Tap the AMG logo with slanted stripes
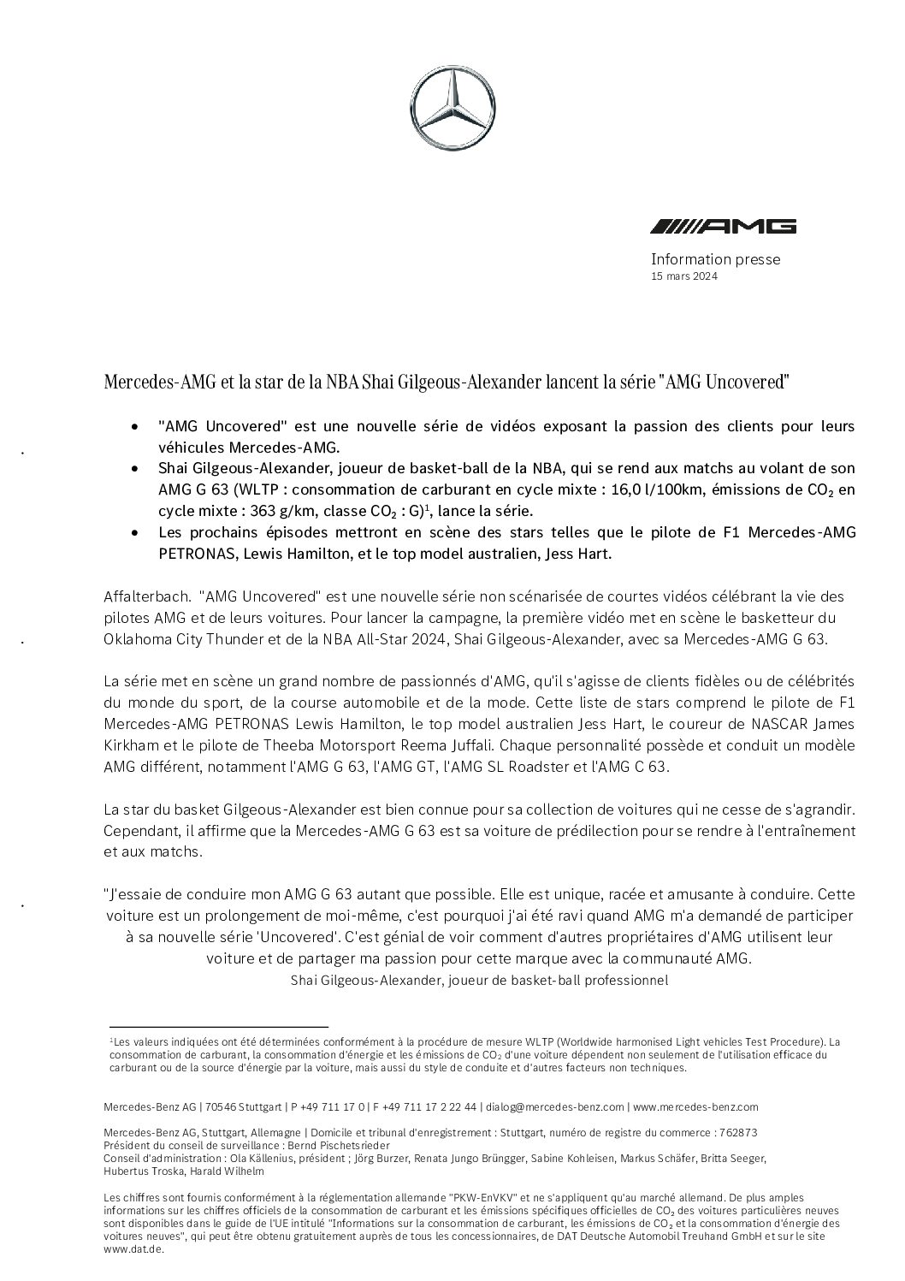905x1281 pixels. point(723,226)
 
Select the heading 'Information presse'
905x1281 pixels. point(715,258)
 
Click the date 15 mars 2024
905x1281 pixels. point(683,276)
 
